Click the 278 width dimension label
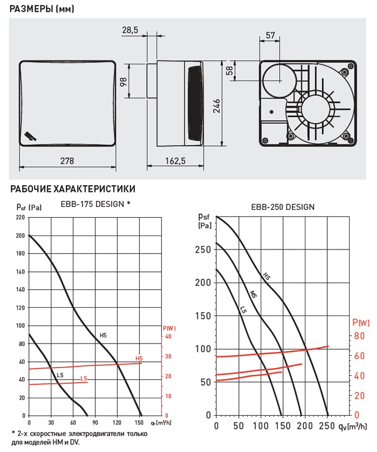67,161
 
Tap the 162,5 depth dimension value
175,161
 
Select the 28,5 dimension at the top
130,30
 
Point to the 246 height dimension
216,106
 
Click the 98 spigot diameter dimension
123,82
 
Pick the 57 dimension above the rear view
270,35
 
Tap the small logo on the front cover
31,136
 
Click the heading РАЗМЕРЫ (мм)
42,8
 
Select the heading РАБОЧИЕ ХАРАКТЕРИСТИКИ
73,189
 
